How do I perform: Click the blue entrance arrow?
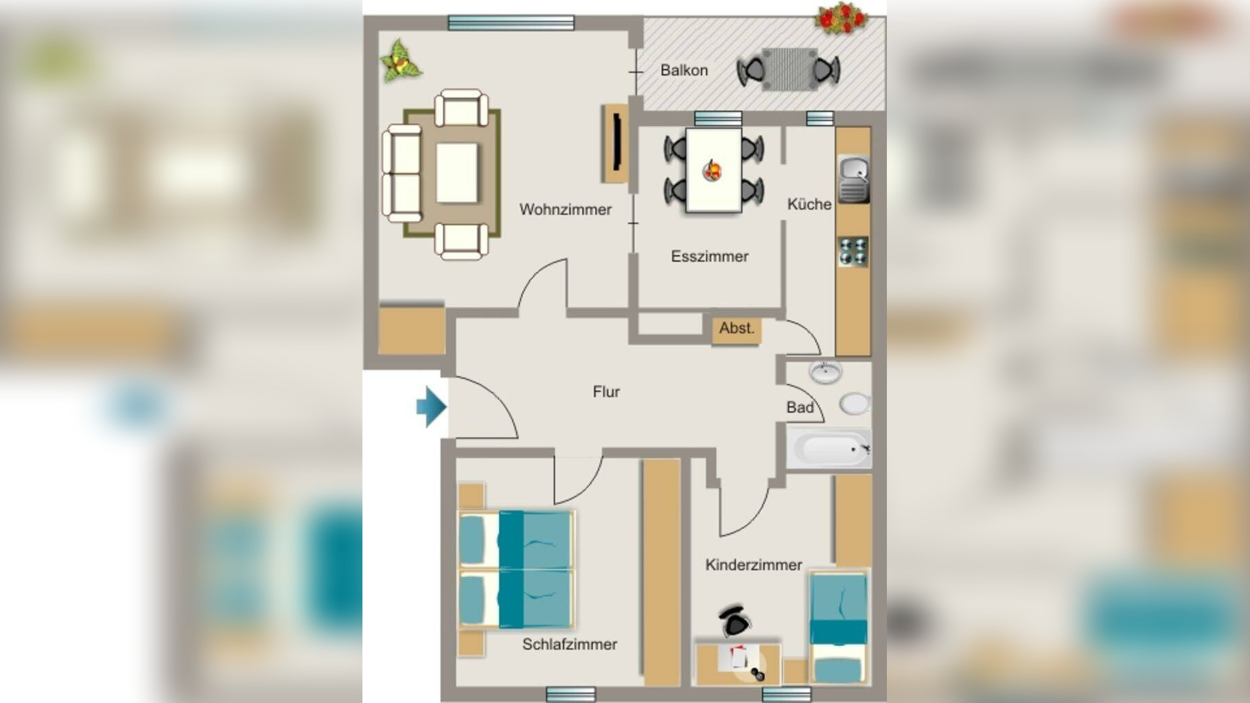click(x=432, y=407)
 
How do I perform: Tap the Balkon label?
click(x=684, y=70)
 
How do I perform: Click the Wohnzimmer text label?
click(x=565, y=209)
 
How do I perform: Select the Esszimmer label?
click(x=709, y=256)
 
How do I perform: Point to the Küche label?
click(x=809, y=204)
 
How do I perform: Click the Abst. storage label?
click(x=737, y=328)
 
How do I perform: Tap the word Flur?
click(x=606, y=391)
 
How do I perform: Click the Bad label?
click(x=800, y=407)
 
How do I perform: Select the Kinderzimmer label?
click(x=754, y=564)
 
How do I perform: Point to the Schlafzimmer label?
click(x=569, y=644)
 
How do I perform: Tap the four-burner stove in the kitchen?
click(x=853, y=251)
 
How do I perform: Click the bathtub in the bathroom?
click(x=829, y=449)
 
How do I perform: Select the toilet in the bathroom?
click(x=855, y=404)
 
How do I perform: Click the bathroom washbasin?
click(x=825, y=372)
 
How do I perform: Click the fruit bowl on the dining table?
click(x=713, y=170)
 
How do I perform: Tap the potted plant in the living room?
click(x=401, y=62)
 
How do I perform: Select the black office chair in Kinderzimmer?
click(x=735, y=621)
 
